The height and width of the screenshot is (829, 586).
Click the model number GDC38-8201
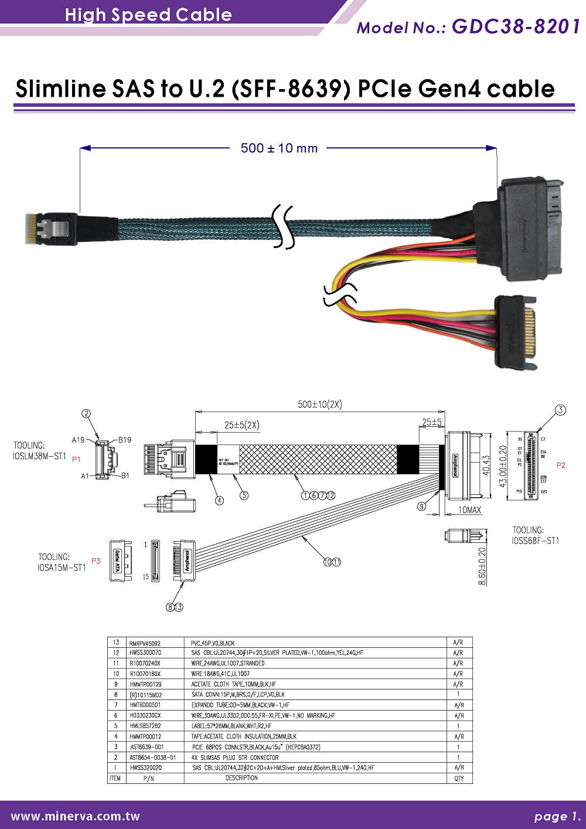click(x=516, y=26)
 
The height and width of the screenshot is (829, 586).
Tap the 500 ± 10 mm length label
click(x=279, y=148)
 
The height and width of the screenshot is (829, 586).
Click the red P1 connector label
click(x=76, y=460)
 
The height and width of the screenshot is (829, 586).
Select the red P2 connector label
click(x=561, y=465)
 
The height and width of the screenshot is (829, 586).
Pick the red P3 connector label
click(x=96, y=561)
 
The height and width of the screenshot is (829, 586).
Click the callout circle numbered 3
click(x=560, y=410)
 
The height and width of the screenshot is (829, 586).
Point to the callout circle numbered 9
click(x=422, y=507)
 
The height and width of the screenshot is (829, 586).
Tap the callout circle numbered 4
click(x=219, y=500)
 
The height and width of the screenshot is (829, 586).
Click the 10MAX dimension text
click(x=469, y=510)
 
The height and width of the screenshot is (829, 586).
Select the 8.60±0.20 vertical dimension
click(x=482, y=566)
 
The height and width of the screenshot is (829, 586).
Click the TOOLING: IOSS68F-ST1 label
click(x=535, y=535)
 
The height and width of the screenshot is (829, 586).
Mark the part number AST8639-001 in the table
click(x=146, y=747)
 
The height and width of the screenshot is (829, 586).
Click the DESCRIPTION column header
click(x=241, y=778)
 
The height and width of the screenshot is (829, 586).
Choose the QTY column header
click(x=458, y=779)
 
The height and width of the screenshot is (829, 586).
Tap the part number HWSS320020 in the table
click(x=146, y=767)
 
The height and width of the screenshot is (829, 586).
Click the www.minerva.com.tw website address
click(x=76, y=816)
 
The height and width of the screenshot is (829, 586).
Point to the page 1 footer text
click(x=557, y=816)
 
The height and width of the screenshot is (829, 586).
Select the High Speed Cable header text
click(x=148, y=15)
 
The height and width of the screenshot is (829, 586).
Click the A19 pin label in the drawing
click(x=78, y=440)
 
